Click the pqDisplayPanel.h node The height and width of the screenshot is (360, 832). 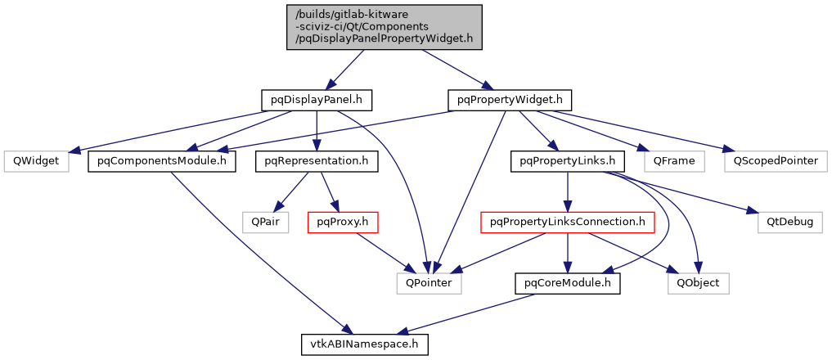317,101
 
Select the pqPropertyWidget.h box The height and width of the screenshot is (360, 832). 510,101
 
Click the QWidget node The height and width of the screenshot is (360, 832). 34,161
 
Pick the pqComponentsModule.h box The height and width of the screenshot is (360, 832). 162,161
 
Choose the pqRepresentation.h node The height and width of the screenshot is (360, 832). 316,161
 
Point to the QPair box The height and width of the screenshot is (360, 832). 265,222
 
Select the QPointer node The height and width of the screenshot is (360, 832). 429,283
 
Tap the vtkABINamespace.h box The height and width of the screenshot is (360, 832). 362,344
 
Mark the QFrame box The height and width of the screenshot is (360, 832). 674,161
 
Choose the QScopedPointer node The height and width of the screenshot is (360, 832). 776,161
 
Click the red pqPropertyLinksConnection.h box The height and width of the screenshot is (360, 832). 567,222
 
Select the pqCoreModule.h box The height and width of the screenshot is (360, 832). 567,283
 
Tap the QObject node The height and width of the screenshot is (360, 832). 698,283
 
